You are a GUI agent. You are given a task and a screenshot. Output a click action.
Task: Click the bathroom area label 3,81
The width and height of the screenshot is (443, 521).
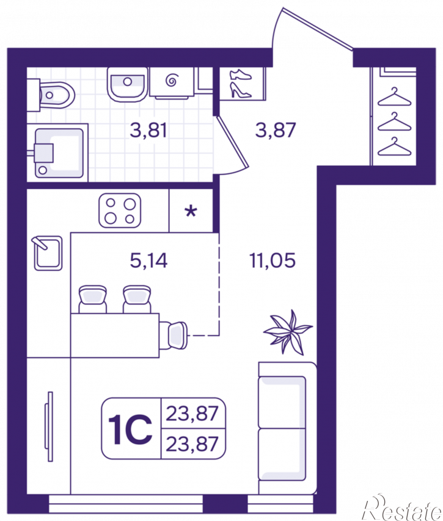148,130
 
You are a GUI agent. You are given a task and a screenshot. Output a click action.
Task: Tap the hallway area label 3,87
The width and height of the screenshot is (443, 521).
276,130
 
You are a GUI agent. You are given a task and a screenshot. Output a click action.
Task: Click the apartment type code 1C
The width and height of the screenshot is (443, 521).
130,429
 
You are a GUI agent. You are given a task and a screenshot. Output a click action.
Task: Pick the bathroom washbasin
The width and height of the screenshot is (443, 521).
127,84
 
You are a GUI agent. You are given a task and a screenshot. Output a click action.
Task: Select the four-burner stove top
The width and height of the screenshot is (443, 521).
120,210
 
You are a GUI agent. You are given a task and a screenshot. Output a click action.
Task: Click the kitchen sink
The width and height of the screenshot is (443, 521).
48,253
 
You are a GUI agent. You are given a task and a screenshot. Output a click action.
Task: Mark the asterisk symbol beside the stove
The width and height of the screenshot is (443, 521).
191,211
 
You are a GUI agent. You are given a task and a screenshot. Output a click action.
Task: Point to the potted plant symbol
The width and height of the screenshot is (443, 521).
288,332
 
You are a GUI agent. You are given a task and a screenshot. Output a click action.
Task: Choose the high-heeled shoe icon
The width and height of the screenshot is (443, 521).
241,91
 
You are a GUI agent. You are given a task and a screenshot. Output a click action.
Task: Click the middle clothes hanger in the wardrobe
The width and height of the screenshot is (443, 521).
394,122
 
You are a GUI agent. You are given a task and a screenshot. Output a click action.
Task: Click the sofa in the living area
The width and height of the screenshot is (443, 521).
288,428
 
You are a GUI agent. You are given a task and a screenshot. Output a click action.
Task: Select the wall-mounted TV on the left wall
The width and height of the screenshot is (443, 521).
49,426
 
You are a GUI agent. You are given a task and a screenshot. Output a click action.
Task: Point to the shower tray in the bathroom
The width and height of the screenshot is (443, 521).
57,153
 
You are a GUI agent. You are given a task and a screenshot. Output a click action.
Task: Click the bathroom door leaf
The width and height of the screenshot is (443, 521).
233,141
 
